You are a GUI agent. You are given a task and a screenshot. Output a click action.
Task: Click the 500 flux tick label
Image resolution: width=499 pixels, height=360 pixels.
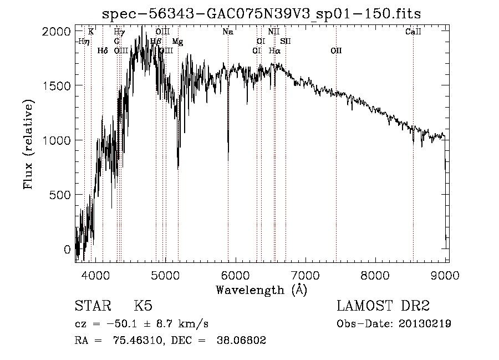62,195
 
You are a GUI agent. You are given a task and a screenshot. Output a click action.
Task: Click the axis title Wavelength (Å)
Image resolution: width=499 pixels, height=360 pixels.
261,290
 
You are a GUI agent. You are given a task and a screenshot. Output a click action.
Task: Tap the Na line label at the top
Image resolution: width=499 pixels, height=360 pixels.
227,32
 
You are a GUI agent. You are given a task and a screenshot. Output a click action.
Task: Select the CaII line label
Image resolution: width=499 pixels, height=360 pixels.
413,32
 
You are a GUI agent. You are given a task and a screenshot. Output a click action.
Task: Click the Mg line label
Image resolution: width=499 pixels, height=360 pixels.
177,42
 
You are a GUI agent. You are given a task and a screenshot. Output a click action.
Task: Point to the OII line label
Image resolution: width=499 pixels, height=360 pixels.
336,51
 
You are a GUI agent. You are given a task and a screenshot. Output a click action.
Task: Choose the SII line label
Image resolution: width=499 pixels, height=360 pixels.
286,42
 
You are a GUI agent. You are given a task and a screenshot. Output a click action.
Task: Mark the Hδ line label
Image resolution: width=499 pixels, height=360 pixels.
103,51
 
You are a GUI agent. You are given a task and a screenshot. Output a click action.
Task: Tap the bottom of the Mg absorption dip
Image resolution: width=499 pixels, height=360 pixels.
178,168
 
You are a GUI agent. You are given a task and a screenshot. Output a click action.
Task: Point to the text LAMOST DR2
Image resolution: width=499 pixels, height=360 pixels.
383,306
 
